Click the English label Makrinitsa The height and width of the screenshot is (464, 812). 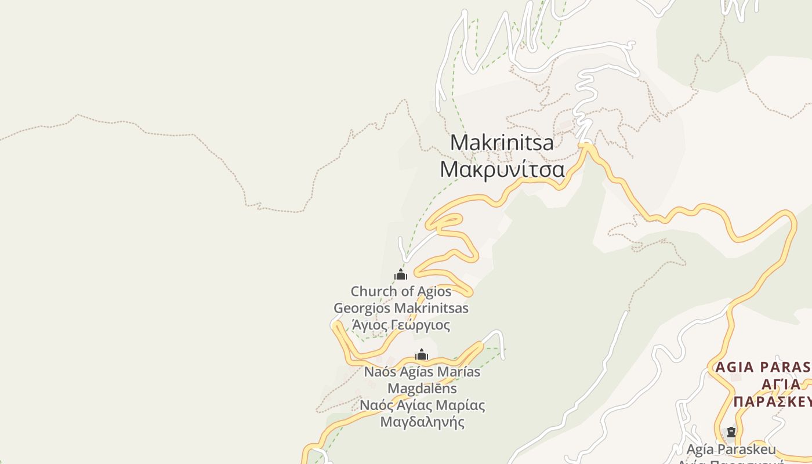point(502,143)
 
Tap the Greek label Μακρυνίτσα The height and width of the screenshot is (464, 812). point(502,170)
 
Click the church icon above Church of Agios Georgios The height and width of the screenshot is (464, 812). point(401,274)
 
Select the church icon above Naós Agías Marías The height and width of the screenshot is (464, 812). point(422,354)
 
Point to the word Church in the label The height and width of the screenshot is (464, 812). point(374,291)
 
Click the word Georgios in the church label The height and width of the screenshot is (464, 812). point(361,308)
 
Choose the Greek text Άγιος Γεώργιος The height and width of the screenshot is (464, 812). point(401,325)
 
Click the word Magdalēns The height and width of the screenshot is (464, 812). point(422,388)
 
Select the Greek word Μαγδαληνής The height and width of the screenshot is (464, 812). point(422,422)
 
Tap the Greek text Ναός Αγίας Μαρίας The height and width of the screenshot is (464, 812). point(422,405)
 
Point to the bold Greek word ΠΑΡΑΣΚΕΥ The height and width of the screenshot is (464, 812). point(771,402)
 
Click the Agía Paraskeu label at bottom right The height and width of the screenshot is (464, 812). point(730,449)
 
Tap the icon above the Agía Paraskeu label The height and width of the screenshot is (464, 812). point(731,432)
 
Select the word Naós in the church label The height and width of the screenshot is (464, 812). point(379,372)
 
